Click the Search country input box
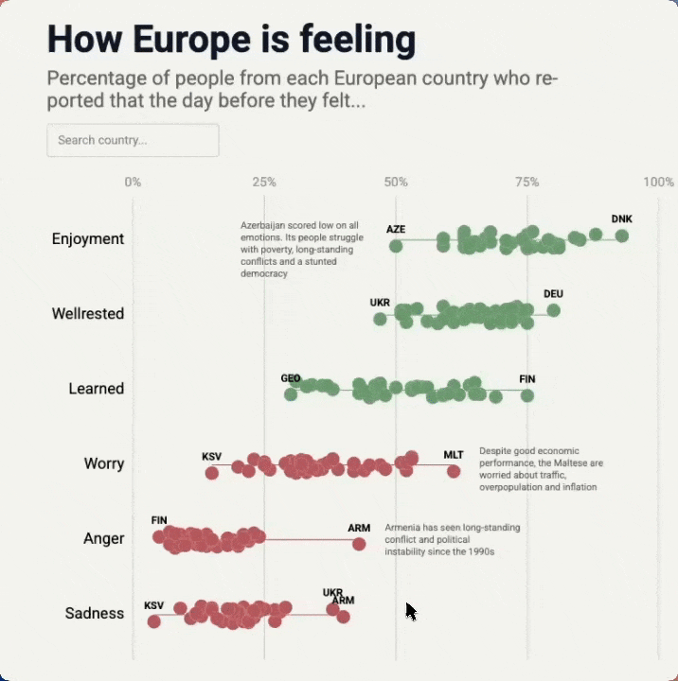pyautogui.click(x=133, y=140)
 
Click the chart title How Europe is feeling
pyautogui.click(x=231, y=40)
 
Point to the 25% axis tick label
pyautogui.click(x=264, y=182)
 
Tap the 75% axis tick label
pyautogui.click(x=527, y=182)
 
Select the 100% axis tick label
pyautogui.click(x=658, y=182)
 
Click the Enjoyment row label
pyautogui.click(x=88, y=238)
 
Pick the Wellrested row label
pyautogui.click(x=88, y=313)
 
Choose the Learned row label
pyautogui.click(x=97, y=388)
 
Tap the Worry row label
pyautogui.click(x=104, y=463)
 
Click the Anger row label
pyautogui.click(x=104, y=538)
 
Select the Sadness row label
pyautogui.click(x=95, y=613)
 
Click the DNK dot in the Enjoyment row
pyautogui.click(x=621, y=236)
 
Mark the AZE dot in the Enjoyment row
pyautogui.click(x=396, y=246)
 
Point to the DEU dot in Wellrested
pyautogui.click(x=554, y=310)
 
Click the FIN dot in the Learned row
pyautogui.click(x=527, y=395)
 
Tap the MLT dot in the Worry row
pyautogui.click(x=454, y=471)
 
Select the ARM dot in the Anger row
pyautogui.click(x=359, y=544)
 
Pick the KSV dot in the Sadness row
pyautogui.click(x=153, y=621)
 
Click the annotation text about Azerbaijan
pyautogui.click(x=300, y=249)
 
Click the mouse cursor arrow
pyautogui.click(x=410, y=611)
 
